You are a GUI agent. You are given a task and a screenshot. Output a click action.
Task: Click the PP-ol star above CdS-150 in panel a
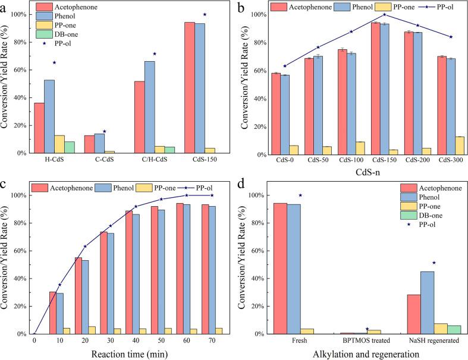pyautogui.click(x=205, y=14)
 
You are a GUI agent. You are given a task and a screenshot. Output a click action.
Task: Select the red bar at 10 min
pyautogui.click(x=52, y=312)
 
